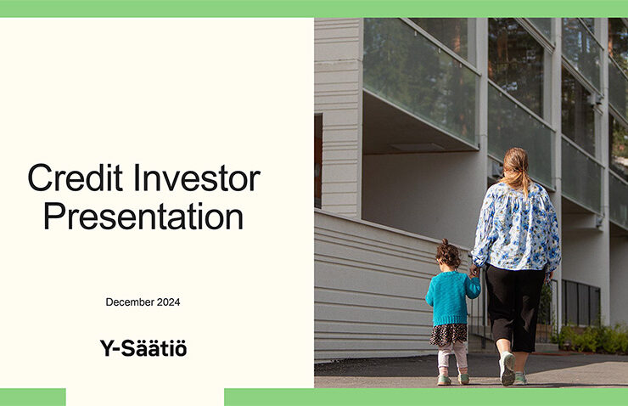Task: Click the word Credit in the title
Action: [x=75, y=178]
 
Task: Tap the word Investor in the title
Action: [x=197, y=178]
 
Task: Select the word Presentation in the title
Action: [x=143, y=216]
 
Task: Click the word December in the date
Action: [x=130, y=302]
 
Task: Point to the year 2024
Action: [x=168, y=302]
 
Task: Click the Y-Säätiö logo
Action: [x=143, y=348]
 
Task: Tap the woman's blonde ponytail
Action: [x=519, y=172]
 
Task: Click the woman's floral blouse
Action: [x=517, y=227]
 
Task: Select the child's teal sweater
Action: [x=451, y=297]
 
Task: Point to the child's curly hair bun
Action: [x=445, y=242]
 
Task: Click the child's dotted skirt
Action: [x=449, y=335]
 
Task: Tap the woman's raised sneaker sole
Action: [x=507, y=369]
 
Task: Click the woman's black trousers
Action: [x=514, y=307]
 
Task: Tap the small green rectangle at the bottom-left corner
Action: [x=33, y=398]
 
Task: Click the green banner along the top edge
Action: [x=314, y=8]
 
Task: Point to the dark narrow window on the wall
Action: [x=318, y=161]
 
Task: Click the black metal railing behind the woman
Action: [x=581, y=302]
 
